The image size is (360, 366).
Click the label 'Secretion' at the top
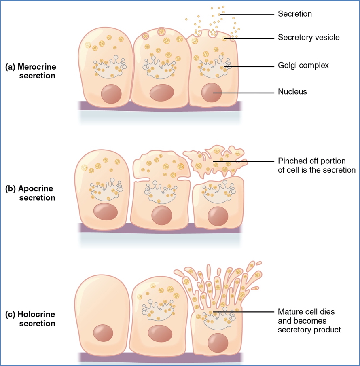tap(294, 14)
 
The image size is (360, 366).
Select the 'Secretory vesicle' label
tap(308, 38)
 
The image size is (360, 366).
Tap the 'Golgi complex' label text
tap(303, 65)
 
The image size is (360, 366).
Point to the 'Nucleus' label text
tap(292, 92)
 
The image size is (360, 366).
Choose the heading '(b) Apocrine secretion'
tap(31, 193)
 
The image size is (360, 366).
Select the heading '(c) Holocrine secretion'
tap(31, 319)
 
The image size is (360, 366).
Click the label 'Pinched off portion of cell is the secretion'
tap(316, 165)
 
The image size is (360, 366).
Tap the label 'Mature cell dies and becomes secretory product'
tap(309, 321)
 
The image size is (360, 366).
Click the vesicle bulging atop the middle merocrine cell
tap(161, 31)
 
